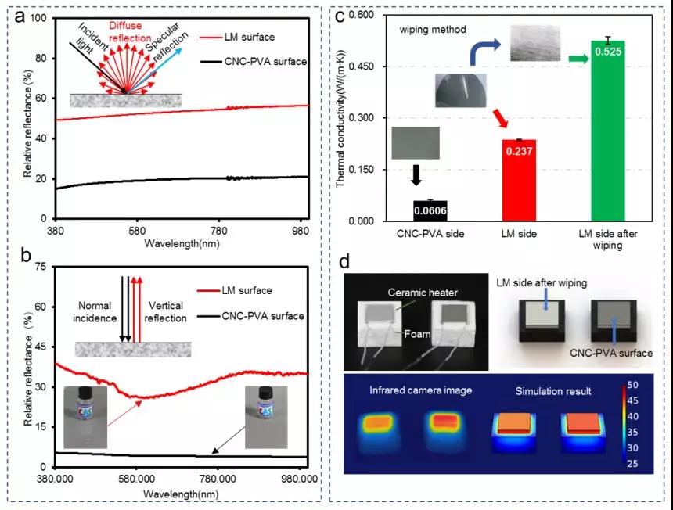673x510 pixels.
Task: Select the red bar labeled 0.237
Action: (x=513, y=180)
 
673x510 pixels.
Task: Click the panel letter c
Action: (x=340, y=16)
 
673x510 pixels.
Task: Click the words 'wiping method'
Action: (x=433, y=30)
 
